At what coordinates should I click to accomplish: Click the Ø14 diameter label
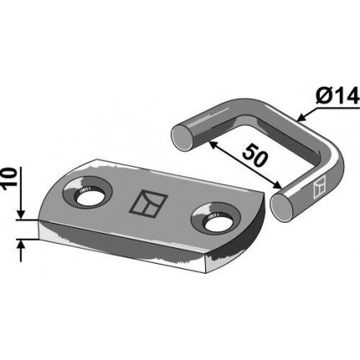coord(337,95)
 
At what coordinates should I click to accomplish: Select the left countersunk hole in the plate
coord(88,193)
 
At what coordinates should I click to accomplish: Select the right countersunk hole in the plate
coord(216,219)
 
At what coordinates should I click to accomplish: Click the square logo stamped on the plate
coord(148,204)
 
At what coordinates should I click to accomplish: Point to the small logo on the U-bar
coord(320,187)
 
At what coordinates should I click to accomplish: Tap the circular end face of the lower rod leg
coord(282,208)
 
